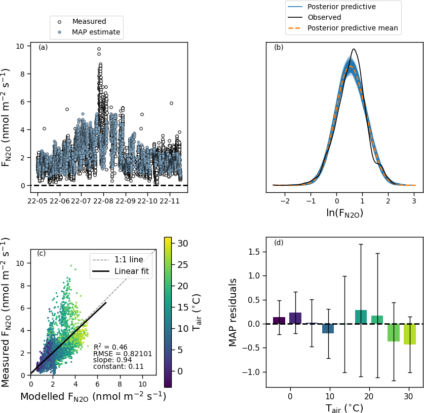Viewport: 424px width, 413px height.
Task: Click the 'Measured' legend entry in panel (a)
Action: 89,22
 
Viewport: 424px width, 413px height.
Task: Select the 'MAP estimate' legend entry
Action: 96,32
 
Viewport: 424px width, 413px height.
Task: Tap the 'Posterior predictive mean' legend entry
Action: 352,28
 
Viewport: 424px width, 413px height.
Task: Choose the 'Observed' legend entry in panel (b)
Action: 324,17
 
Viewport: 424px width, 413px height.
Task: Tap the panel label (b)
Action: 279,48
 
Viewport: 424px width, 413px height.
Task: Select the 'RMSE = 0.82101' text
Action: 123,354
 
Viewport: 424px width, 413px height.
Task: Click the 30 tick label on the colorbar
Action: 182,244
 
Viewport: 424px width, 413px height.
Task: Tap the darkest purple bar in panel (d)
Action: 279,320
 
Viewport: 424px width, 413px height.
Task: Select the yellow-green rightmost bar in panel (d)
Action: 410,334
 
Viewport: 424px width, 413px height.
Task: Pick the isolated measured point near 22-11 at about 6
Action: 171,103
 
